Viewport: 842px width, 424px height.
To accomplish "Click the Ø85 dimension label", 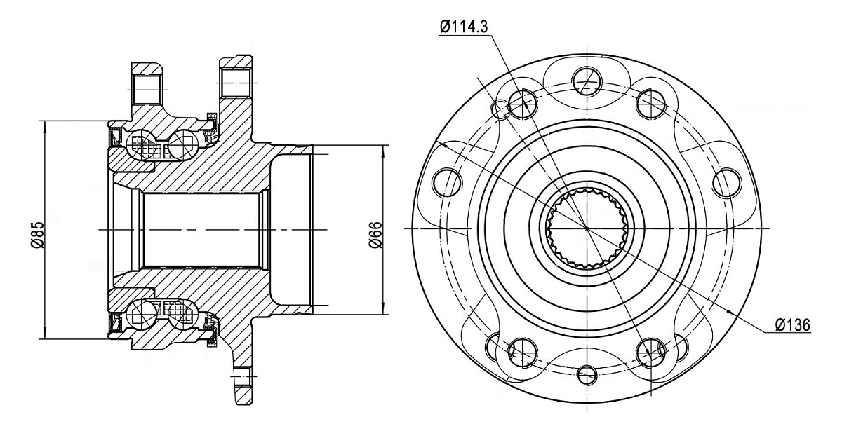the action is (x=38, y=235).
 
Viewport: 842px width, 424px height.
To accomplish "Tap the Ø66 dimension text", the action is (x=375, y=235).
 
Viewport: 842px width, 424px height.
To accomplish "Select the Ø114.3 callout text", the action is (x=464, y=27).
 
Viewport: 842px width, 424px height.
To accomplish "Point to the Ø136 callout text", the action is (x=793, y=325).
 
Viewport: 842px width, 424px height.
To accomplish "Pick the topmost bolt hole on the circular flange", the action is (x=587, y=81).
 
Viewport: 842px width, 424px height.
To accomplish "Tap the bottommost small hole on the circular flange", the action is (x=587, y=376).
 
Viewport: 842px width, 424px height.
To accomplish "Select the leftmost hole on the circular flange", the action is (x=446, y=182).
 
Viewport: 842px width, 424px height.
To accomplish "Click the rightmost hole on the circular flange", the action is (x=727, y=184).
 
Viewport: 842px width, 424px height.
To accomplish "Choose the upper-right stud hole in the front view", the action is (x=651, y=103).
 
